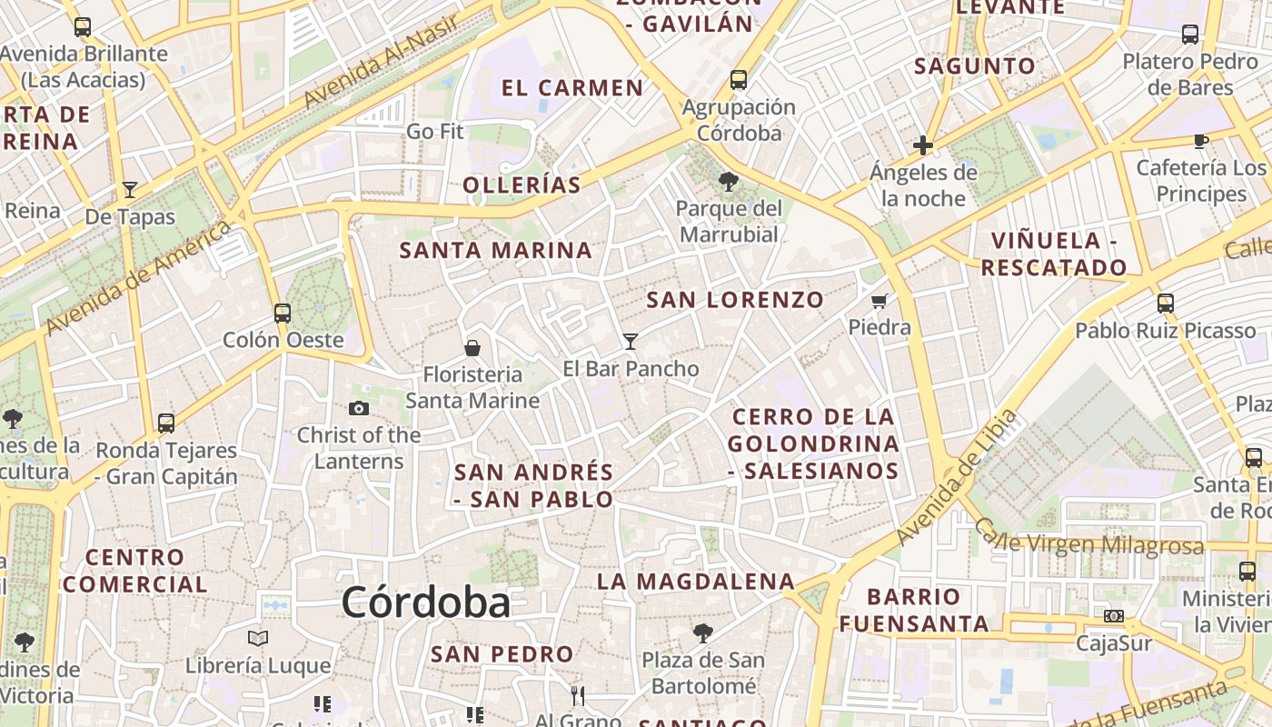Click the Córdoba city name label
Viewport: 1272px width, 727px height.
point(425,603)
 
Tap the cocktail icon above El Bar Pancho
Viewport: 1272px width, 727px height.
point(631,342)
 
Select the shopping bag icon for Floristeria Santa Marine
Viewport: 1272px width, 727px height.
point(472,347)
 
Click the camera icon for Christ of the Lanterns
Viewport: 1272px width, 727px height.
point(359,408)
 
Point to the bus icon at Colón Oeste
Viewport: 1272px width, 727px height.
point(283,314)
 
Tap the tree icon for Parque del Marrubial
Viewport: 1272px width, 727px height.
point(728,181)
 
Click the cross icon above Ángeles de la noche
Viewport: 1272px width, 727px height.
point(923,145)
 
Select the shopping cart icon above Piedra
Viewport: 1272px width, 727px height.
point(879,301)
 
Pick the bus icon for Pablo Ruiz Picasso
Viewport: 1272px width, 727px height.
point(1165,304)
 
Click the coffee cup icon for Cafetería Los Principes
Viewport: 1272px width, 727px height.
point(1200,141)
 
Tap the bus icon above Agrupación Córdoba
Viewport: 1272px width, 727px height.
point(739,80)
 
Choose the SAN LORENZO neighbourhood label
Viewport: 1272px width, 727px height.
point(735,299)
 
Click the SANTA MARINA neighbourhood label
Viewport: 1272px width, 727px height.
point(495,250)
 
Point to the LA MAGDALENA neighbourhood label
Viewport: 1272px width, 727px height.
point(695,582)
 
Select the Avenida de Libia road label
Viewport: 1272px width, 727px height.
point(956,479)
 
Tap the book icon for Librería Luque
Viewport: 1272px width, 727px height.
point(258,638)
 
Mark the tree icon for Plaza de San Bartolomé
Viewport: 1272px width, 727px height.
point(702,632)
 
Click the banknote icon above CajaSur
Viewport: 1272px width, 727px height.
point(1113,616)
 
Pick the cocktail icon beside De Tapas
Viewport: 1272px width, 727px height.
point(130,190)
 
